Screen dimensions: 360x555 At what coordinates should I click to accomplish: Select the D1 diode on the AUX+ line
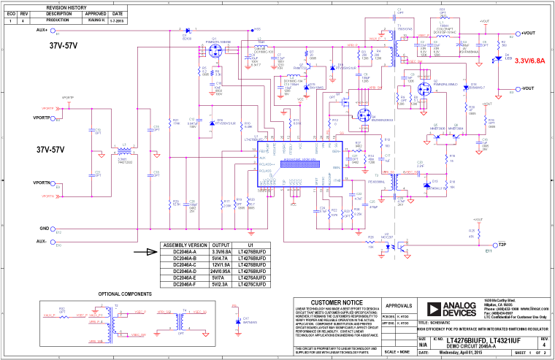point(187,31)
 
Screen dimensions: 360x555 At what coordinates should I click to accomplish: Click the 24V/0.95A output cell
point(221,271)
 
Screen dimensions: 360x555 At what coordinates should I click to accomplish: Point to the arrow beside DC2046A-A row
point(151,252)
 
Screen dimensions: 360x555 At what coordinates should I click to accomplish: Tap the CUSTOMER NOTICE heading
point(336,302)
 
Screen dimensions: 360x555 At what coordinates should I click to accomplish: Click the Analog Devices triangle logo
point(428,307)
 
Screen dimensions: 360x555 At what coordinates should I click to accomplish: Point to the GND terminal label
point(44,228)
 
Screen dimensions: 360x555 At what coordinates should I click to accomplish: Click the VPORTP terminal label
point(42,118)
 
